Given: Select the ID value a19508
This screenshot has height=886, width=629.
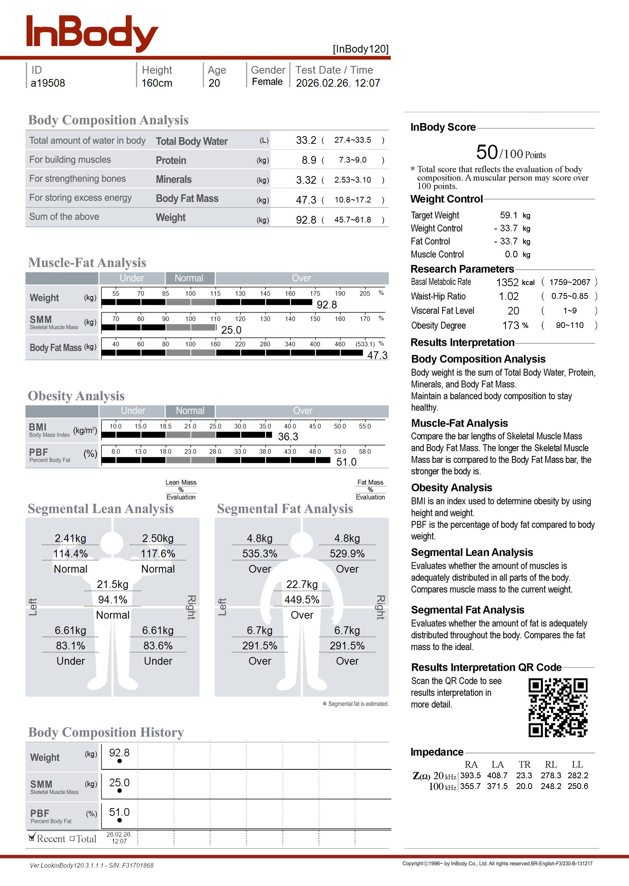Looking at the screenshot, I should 48,83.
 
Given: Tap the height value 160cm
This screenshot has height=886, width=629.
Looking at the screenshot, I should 156,83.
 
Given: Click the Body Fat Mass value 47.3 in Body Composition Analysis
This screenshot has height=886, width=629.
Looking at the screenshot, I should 306,200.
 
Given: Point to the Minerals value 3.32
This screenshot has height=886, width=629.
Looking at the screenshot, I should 306,180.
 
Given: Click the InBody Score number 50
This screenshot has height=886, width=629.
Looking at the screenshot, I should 487,152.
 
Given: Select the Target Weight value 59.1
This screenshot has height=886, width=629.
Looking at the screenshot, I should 508,215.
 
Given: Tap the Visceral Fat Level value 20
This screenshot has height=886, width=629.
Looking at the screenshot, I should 513,311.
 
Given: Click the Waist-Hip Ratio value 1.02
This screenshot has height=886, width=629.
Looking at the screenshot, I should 509,296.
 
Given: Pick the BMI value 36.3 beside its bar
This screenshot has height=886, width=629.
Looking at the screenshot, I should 288,437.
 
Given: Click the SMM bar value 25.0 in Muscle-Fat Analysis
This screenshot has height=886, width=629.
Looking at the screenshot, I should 231,330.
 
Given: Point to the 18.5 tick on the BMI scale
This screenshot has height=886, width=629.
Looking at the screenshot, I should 165,426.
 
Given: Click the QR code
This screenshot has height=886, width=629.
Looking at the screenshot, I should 558,707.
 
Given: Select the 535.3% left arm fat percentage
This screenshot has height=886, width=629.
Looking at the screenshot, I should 260,554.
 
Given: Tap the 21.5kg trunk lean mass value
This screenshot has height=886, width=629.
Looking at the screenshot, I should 112,585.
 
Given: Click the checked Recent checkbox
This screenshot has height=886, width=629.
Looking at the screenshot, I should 32,838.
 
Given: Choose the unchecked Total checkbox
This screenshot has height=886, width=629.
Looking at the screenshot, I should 72,838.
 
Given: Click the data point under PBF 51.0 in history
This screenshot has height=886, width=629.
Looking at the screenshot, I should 119,820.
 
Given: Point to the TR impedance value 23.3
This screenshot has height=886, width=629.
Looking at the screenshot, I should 524,775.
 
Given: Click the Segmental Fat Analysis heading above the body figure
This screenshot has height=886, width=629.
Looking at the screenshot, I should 285,509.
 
